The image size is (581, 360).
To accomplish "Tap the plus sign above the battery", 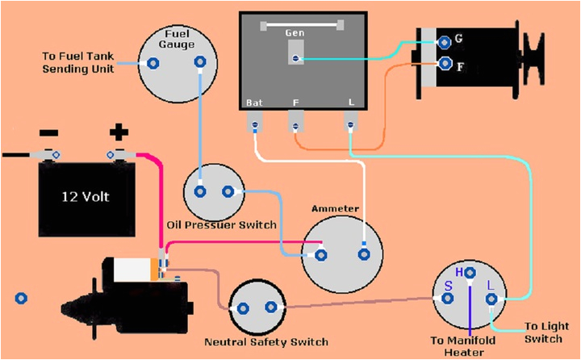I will (x=119, y=131).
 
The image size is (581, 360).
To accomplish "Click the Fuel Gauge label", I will (x=178, y=40).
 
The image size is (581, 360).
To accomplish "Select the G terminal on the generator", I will (x=444, y=40).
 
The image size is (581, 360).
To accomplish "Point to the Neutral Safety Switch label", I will (x=266, y=341).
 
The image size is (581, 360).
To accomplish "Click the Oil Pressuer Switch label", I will (x=221, y=224).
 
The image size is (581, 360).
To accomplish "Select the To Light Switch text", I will (x=546, y=333).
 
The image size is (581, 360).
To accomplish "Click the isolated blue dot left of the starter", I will (x=21, y=299).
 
